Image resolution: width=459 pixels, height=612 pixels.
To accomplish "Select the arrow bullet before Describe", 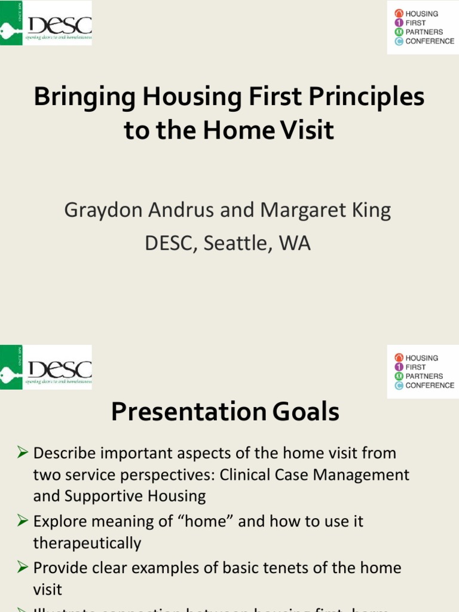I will [23, 453].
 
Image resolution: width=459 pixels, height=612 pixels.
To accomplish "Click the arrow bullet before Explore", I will [23, 521].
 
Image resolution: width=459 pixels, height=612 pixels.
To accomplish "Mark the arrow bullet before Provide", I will [23, 567].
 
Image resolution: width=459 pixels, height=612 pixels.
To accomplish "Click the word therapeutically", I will [87, 543].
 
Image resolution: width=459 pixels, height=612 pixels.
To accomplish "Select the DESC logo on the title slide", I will [47, 23].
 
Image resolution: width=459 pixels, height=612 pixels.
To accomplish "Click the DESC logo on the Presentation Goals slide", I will [47, 367].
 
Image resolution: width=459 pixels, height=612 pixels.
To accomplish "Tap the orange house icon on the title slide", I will [399, 13].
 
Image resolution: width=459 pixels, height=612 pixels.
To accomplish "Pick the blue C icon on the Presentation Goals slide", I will [399, 385].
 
